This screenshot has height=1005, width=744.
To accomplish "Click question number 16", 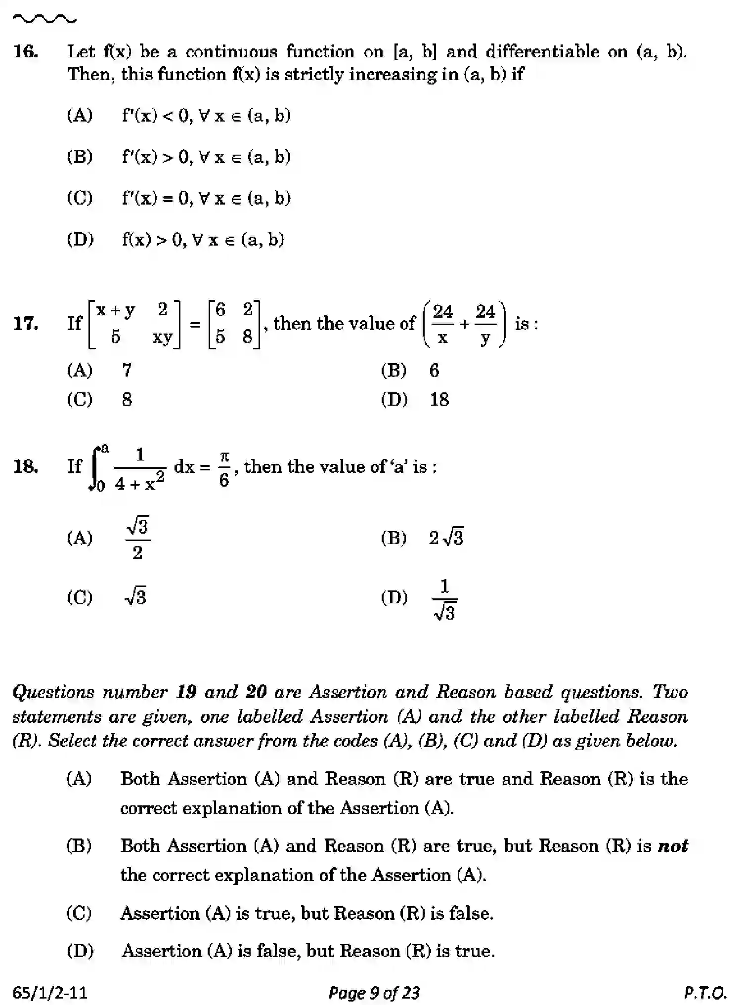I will click(x=26, y=51).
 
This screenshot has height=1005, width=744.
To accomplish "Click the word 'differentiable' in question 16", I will click(x=542, y=51).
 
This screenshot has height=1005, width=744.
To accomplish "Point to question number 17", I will click(x=26, y=324).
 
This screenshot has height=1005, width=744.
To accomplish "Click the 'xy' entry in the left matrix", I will click(x=162, y=337).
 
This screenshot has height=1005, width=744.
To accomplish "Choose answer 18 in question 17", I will click(x=439, y=399).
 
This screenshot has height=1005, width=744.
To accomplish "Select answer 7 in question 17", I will click(x=127, y=370).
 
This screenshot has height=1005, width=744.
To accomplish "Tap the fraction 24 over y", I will click(x=485, y=324).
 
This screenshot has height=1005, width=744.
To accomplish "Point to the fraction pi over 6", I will click(x=224, y=467).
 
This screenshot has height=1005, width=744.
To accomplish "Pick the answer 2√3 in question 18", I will click(x=446, y=538).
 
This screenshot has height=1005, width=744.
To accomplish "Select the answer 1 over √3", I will click(x=444, y=599).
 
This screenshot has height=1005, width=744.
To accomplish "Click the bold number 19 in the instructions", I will click(x=186, y=692).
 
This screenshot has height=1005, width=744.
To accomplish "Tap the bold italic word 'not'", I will click(x=673, y=845).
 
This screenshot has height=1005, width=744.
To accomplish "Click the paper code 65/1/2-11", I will click(x=50, y=992).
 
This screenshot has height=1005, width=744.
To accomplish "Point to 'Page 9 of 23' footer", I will click(x=374, y=992).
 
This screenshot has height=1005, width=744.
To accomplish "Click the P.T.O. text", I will click(x=705, y=992).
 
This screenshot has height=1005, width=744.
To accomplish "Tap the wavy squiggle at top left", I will click(x=44, y=20).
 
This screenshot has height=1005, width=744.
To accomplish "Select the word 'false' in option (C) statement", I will click(x=470, y=913).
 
